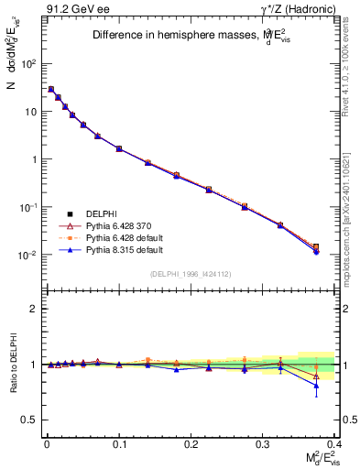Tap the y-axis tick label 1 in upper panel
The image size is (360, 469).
coord(32,159)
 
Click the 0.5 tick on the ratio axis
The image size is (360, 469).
coord(27,420)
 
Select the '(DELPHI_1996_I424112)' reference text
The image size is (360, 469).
coord(191,273)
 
